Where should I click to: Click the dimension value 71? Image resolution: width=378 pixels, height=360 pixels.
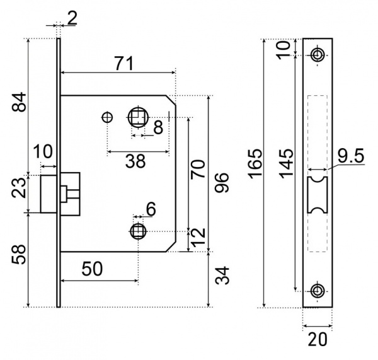coord(123,64)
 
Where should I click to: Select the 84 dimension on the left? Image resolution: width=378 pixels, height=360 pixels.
coord(20,102)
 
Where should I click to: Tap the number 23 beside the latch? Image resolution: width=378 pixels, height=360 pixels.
coord(20,188)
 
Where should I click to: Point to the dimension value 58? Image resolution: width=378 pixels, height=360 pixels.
coord(20,255)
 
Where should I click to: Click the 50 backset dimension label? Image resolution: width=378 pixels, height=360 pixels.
coord(92,269)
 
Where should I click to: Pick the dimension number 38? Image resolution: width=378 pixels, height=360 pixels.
coord(135,161)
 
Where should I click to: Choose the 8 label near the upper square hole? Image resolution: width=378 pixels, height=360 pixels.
coord(158,127)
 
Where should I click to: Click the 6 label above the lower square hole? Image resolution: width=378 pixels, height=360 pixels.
coord(151,209)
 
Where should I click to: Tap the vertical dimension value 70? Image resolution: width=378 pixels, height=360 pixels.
coord(198,170)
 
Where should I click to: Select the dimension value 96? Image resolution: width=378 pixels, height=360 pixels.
coord(222,183)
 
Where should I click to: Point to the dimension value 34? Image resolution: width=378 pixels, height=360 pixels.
coord(222,276)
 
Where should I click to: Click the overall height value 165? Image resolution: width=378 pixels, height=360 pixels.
coord(255,164)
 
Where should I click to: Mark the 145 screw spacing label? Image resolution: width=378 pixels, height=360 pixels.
coord(287,164)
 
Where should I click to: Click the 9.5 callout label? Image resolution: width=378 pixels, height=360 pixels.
coord(350,156)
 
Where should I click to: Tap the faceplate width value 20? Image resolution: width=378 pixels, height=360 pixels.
coord(318,339)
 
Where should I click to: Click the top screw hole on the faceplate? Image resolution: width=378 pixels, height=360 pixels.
coord(317,55)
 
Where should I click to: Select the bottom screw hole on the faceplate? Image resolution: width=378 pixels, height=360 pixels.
coord(317,291)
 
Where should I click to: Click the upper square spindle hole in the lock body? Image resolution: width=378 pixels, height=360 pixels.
coord(138,117)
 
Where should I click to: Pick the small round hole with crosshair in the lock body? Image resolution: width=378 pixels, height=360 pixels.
coord(107,118)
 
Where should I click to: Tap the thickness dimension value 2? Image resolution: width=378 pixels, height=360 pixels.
coord(72,18)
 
